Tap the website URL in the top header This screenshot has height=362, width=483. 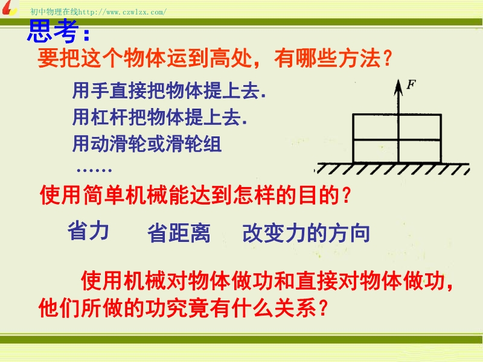point(123,12)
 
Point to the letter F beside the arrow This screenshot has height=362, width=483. point(411,84)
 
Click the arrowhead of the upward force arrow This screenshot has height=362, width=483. point(398,87)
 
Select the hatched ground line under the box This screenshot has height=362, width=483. point(392,168)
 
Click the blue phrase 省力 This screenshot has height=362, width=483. point(88,231)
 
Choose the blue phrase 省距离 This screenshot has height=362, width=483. point(179,233)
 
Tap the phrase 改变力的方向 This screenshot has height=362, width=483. point(306,233)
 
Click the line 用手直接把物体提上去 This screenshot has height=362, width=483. point(169,91)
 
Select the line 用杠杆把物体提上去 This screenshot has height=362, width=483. point(160,117)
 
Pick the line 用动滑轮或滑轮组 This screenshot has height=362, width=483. point(147,144)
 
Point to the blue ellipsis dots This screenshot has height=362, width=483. point(94,170)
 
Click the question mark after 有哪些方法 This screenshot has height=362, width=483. point(387,58)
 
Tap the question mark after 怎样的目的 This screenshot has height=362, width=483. point(347,195)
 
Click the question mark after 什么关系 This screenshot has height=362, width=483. point(323,308)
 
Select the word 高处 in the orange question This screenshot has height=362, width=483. point(231,58)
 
